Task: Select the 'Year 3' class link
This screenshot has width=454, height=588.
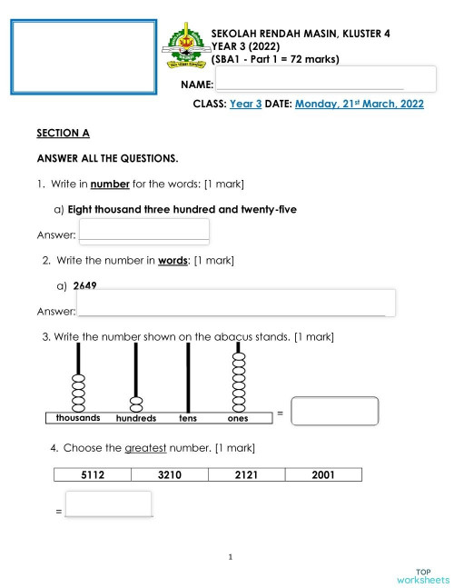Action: (245, 105)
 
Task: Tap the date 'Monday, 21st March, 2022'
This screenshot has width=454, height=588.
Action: (359, 105)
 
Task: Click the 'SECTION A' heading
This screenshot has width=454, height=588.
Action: (63, 134)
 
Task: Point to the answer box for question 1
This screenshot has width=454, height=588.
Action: (144, 231)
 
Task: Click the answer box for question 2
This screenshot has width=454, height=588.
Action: (237, 303)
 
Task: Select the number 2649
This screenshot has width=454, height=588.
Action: (85, 285)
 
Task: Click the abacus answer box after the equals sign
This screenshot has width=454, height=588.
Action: (335, 411)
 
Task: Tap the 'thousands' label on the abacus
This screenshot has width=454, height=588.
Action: (78, 418)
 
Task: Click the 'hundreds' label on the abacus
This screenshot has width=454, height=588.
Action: (136, 419)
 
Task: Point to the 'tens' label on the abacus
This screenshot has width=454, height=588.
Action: (188, 419)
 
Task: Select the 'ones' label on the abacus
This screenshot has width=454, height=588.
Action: (238, 419)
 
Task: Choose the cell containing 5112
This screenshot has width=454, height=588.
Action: (93, 474)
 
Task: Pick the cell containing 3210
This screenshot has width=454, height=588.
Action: (169, 474)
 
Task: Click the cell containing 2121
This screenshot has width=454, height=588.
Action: (246, 474)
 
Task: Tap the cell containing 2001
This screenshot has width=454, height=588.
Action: (322, 474)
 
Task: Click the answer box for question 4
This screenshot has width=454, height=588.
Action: (109, 504)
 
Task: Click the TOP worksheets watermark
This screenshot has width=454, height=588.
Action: (422, 574)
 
